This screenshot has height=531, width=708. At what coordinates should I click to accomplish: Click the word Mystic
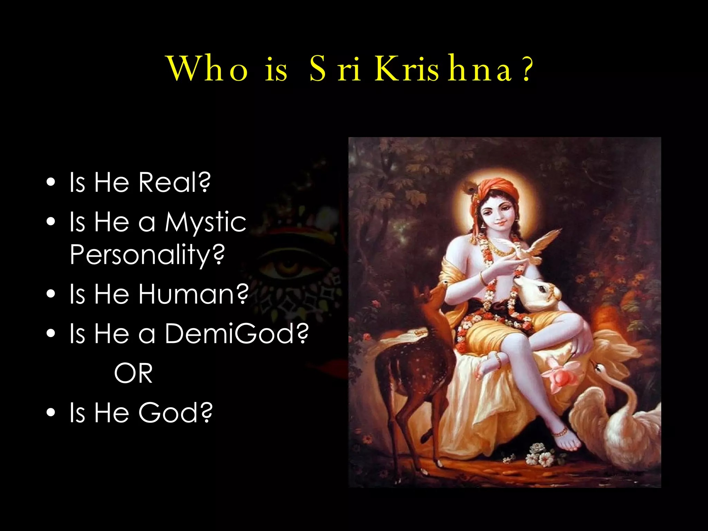coord(205,222)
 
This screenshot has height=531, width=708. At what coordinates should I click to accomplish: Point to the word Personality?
coord(147,254)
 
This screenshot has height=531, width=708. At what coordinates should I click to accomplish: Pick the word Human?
coord(194,294)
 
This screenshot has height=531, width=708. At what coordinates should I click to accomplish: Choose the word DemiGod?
coord(236,334)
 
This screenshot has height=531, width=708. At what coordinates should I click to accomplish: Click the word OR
coord(133,373)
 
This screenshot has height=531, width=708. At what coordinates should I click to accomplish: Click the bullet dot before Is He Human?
coord(51,294)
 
